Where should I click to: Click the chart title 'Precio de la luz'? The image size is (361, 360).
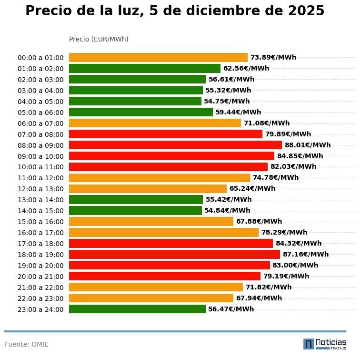pyautogui.click(x=174, y=11)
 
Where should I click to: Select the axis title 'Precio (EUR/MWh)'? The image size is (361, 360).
pyautogui.click(x=99, y=39)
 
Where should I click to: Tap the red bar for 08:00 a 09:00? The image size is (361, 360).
pyautogui.click(x=175, y=145)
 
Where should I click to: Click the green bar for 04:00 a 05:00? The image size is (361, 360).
pyautogui.click(x=135, y=101)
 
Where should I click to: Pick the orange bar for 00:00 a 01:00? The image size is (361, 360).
pyautogui.click(x=158, y=57)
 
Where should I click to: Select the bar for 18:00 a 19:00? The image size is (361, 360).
pyautogui.click(x=174, y=254)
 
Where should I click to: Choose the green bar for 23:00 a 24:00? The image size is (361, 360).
pyautogui.click(x=137, y=309)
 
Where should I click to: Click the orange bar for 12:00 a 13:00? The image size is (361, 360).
pyautogui.click(x=148, y=188)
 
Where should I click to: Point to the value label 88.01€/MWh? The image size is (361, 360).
pyautogui.click(x=307, y=145)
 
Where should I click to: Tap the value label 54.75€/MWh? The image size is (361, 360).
pyautogui.click(x=227, y=101)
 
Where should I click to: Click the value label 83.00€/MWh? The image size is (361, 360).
pyautogui.click(x=295, y=265)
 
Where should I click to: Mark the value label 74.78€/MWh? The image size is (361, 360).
pyautogui.click(x=276, y=177)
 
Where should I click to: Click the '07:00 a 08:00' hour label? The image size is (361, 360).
pyautogui.click(x=40, y=134)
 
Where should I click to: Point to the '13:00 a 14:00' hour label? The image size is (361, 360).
pyautogui.click(x=40, y=200)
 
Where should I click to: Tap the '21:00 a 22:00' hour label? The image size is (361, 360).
pyautogui.click(x=40, y=288)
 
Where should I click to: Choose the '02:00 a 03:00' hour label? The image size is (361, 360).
pyautogui.click(x=40, y=80)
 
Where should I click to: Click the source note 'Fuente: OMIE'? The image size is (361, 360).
pyautogui.click(x=27, y=344)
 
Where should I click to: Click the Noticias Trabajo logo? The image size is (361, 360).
pyautogui.click(x=325, y=344)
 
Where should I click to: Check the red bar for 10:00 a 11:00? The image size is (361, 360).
pyautogui.click(x=168, y=167)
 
